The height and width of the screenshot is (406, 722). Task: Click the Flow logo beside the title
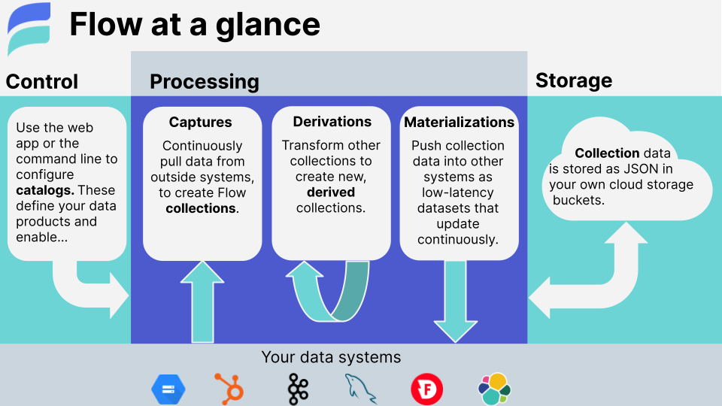[x=29, y=29]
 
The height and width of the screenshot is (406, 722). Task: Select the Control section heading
[x=42, y=81]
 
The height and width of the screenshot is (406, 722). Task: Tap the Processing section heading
[x=204, y=81]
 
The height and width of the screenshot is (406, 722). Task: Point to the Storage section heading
[x=573, y=80]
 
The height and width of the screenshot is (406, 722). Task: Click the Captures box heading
[x=200, y=122]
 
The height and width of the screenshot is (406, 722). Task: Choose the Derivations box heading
[x=332, y=121]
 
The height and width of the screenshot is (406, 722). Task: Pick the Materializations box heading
[x=460, y=122]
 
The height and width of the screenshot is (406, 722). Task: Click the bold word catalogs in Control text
[x=44, y=190]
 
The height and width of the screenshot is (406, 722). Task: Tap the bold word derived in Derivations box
[x=332, y=192]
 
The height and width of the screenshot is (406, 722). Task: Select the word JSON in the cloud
[x=638, y=168]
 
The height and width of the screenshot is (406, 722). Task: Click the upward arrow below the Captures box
[x=202, y=301]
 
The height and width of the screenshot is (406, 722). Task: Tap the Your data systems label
[x=331, y=357]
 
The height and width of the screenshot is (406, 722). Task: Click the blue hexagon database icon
[x=168, y=389]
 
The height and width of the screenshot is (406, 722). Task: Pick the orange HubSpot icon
[x=229, y=389]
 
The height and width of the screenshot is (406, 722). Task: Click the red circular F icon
[x=426, y=389]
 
